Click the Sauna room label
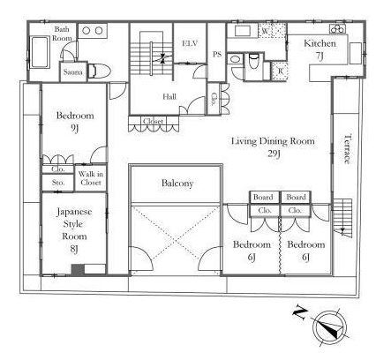pyautogui.click(x=72, y=72)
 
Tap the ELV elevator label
pyautogui.click(x=190, y=43)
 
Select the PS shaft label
pyautogui.click(x=217, y=55)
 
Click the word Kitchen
pyautogui.click(x=320, y=43)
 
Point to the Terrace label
pyautogui.click(x=348, y=149)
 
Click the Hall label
pyautogui.click(x=169, y=97)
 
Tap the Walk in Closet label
pyautogui.click(x=91, y=178)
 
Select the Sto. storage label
pyautogui.click(x=58, y=183)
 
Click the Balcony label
pyautogui.click(x=177, y=184)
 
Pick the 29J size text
pyautogui.click(x=274, y=154)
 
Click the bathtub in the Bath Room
pyautogui.click(x=40, y=53)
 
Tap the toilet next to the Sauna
pyautogui.click(x=100, y=71)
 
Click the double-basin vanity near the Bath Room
pyautogui.click(x=93, y=31)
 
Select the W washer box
pyautogui.click(x=272, y=31)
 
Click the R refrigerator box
pyautogui.click(x=280, y=71)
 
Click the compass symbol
pyautogui.click(x=330, y=327)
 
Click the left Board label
pyautogui.click(x=263, y=198)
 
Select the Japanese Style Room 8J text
pyautogui.click(x=74, y=229)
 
